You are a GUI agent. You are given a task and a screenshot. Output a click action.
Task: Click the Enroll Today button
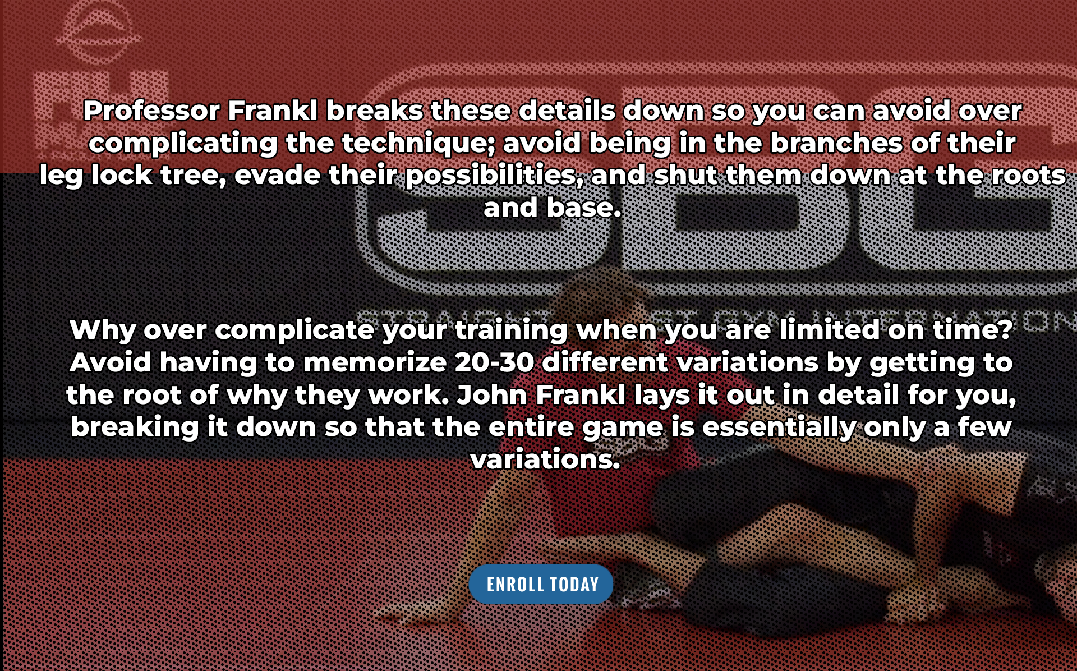pos(541,584)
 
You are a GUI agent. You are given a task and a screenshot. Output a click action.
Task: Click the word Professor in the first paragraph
pos(151,111)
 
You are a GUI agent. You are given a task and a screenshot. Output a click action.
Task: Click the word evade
pos(277,176)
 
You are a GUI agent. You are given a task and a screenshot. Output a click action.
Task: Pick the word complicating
pos(183,144)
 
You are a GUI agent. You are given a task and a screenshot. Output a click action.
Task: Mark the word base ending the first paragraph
pos(584,208)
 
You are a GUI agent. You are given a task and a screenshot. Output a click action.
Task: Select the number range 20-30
pos(494,362)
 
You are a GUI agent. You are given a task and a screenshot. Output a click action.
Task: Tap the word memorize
pos(375,362)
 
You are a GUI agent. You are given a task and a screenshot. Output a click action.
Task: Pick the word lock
pos(122,176)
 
